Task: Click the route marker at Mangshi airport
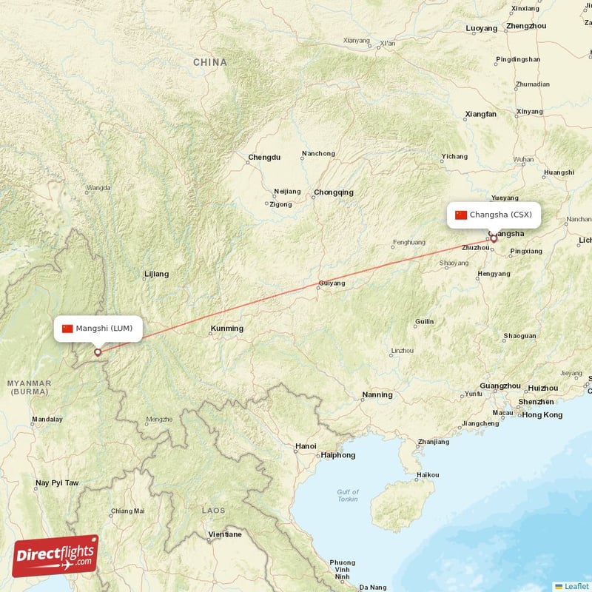pos(97,352)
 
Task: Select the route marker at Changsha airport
pos(494,238)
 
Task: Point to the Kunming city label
pos(226,329)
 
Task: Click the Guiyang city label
pos(332,283)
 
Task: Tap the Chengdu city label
pos(264,158)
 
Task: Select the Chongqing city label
pos(333,192)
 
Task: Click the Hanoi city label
pos(305,446)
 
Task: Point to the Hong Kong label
pos(542,414)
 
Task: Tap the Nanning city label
pos(377,395)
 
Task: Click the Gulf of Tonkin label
pos(347,495)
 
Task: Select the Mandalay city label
pos(47,420)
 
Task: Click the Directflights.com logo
pos(55,556)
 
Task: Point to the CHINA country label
pos(210,63)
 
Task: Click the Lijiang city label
pos(156,274)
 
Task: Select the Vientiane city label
pos(224,534)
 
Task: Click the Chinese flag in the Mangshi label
pos(67,329)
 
